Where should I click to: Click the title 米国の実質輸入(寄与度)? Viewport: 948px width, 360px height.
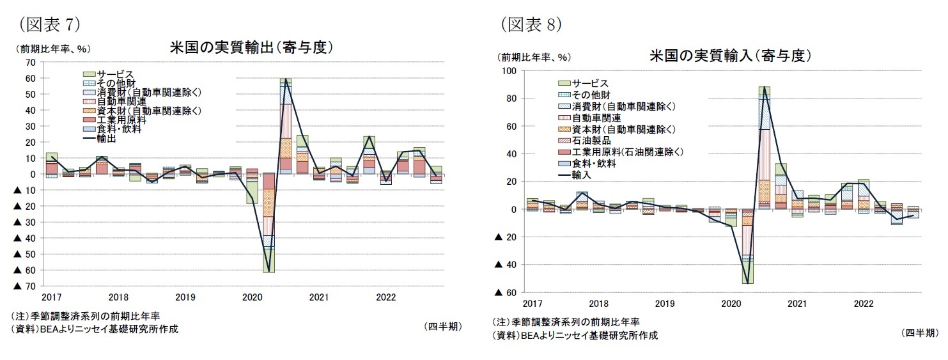point(730,56)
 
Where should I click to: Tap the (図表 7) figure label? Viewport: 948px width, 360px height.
point(50,24)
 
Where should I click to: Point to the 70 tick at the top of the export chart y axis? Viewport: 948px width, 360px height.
point(31,62)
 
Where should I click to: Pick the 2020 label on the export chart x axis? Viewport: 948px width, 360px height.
point(252,297)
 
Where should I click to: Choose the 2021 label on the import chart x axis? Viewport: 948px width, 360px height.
point(796,303)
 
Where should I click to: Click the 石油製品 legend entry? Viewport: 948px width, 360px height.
point(584,141)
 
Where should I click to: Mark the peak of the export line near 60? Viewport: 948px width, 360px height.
point(286,81)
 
